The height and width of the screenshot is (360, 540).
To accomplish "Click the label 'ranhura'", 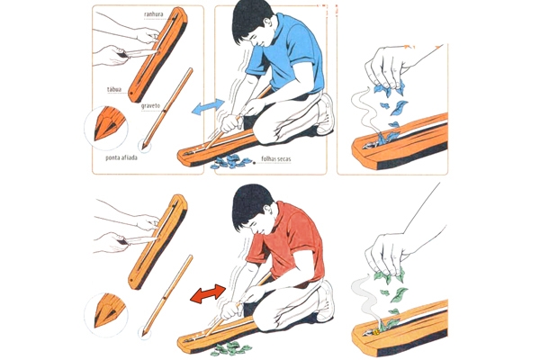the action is pyautogui.click(x=154, y=14).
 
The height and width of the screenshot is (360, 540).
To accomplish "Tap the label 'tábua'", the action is pyautogui.click(x=114, y=90).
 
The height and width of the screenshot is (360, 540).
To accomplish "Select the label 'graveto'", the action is pyautogui.click(x=150, y=106).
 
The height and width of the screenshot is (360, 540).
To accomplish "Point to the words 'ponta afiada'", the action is pyautogui.click(x=121, y=157).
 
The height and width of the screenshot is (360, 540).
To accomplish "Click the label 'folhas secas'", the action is pyautogui.click(x=276, y=158).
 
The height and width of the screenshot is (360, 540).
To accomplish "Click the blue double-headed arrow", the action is pyautogui.click(x=208, y=107).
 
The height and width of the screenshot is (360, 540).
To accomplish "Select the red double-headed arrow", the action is pyautogui.click(x=208, y=294).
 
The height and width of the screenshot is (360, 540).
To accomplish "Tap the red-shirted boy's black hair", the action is pyautogui.click(x=250, y=205).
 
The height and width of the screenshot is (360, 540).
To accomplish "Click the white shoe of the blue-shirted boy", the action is pyautogui.click(x=325, y=114).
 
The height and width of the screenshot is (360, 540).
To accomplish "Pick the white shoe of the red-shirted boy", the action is pyautogui.click(x=325, y=301).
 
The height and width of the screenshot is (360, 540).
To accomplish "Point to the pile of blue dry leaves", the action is pyautogui.click(x=230, y=161).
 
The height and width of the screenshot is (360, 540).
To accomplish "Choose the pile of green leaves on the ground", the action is pyautogui.click(x=230, y=348).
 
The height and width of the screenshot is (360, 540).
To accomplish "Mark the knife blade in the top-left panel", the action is pyautogui.click(x=140, y=53).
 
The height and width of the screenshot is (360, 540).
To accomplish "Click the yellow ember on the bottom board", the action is pyautogui.click(x=376, y=332).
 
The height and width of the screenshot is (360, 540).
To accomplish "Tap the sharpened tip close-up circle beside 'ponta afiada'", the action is pyautogui.click(x=106, y=128).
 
